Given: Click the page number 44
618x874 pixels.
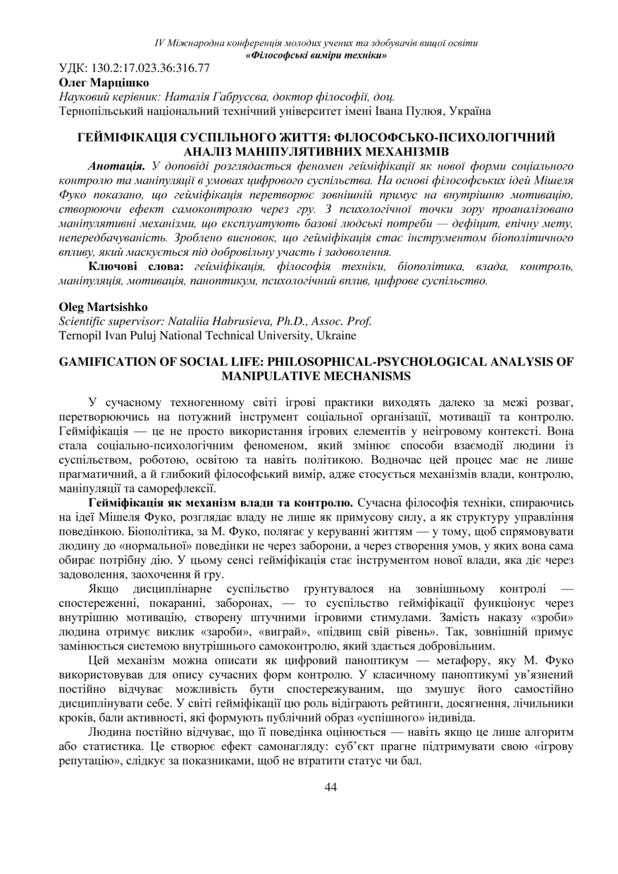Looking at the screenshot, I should tap(330, 787).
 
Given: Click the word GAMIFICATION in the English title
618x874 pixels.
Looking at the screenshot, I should tap(105, 362).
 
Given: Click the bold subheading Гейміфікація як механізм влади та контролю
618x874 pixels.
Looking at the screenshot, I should tap(220, 503).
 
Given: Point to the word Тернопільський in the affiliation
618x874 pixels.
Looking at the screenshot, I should tap(98, 111).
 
